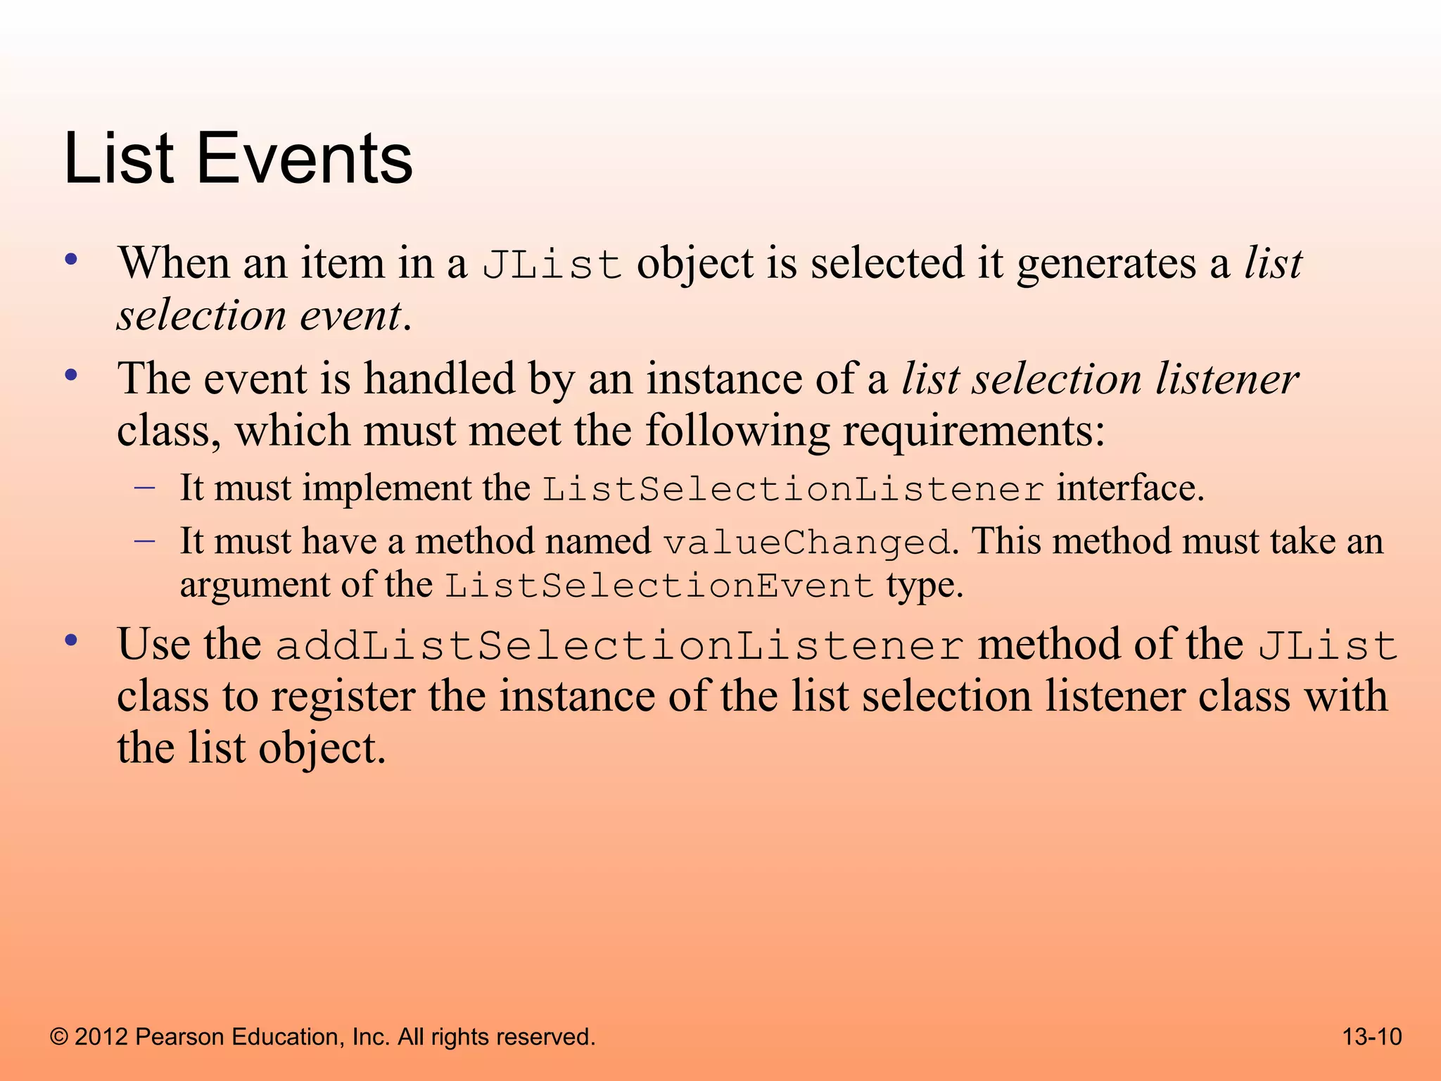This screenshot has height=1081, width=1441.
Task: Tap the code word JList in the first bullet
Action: pos(552,265)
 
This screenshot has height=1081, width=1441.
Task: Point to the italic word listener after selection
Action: pos(1227,379)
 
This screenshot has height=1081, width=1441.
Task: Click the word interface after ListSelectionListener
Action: pos(1129,488)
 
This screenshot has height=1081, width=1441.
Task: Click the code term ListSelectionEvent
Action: pos(659,586)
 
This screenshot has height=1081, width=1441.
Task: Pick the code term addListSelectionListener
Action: pos(619,646)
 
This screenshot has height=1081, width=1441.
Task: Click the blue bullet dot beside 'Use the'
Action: pos(70,641)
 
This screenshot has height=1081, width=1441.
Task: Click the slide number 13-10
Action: pos(1371,1037)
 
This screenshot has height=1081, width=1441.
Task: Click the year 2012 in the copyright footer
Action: pos(101,1037)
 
